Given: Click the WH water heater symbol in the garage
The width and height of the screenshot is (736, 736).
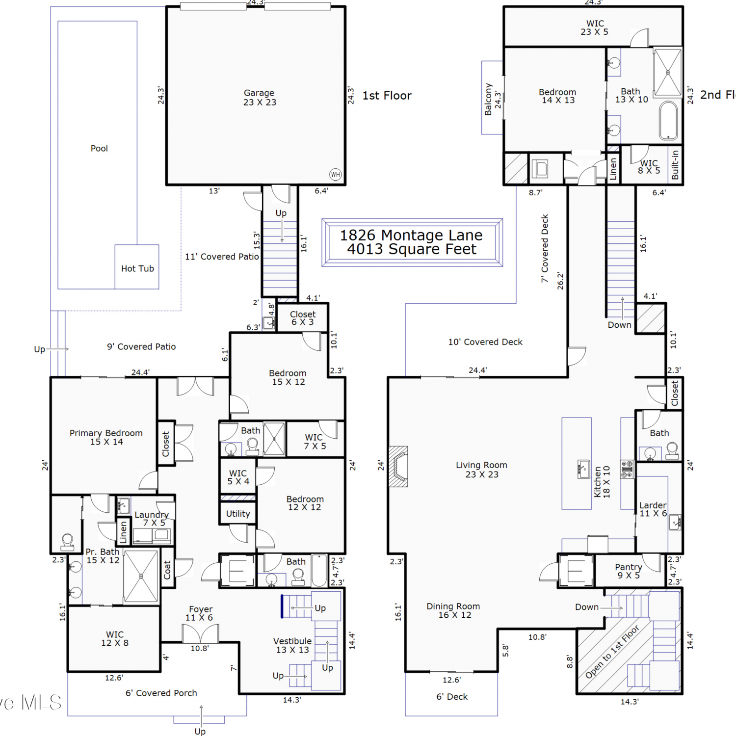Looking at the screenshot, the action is coord(336,175).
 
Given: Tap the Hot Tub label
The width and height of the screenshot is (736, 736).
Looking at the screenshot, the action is coord(137,269).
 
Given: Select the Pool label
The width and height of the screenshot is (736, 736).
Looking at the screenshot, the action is coord(99,149).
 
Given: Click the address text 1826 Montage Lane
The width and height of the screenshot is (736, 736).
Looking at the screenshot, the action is coord(411,236).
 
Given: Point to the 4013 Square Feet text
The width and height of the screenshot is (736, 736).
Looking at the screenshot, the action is coord(412,249).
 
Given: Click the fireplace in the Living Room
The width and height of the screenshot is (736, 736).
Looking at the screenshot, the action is coord(398,466).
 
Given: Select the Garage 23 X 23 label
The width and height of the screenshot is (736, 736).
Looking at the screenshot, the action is coord(260,98).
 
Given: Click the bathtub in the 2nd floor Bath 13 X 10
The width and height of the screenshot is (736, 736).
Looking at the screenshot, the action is coord(668,121).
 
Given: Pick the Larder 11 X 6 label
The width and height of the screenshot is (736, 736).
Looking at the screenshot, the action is coord(653,509).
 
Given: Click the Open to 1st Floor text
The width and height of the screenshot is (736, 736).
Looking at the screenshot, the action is coord(612,651).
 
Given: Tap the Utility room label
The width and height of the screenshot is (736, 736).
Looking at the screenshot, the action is coord(238,514).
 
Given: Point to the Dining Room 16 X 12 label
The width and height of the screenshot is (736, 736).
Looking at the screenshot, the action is coord(453,610).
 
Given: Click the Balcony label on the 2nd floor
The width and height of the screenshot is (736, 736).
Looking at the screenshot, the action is coord(488,99).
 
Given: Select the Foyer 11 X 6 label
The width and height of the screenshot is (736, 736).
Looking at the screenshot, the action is coord(201,613).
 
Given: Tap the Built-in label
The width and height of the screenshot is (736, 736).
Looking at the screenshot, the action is coord(675,165).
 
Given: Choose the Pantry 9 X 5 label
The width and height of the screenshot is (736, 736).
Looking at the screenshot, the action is coord(629,571).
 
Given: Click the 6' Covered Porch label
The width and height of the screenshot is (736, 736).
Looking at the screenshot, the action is coord(161,693).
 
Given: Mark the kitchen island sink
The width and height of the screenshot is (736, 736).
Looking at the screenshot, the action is coord(583,469).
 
